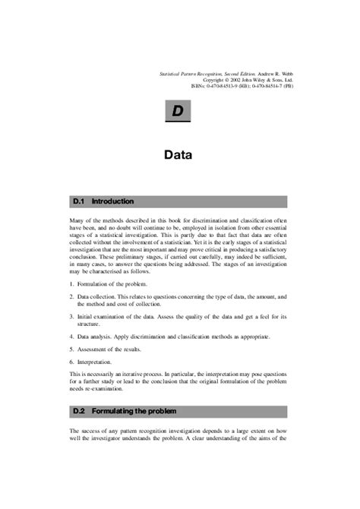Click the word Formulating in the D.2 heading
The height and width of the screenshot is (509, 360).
113,411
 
